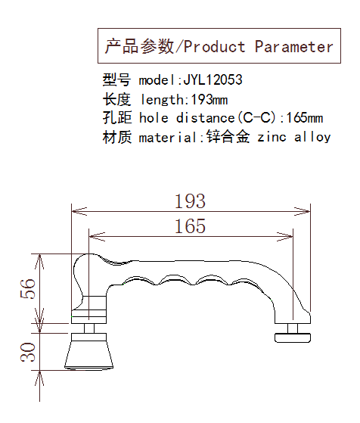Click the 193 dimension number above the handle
click(x=190, y=201)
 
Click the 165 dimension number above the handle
click(x=190, y=226)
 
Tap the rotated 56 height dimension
click(x=28, y=288)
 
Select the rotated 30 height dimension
click(x=28, y=352)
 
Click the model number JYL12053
click(x=213, y=79)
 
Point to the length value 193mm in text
click(x=209, y=100)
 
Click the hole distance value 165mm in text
click(x=304, y=118)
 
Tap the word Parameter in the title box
click(x=294, y=47)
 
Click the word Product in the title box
click(x=215, y=47)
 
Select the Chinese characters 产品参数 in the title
click(x=139, y=46)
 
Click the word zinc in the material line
click(x=272, y=137)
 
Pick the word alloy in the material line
click(x=312, y=137)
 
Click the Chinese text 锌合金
click(x=228, y=136)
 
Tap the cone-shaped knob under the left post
click(x=88, y=351)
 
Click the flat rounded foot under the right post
click(x=293, y=337)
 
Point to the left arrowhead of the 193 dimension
click(x=79, y=211)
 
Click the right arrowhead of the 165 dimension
click(x=285, y=237)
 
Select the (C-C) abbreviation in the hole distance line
click(x=258, y=118)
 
